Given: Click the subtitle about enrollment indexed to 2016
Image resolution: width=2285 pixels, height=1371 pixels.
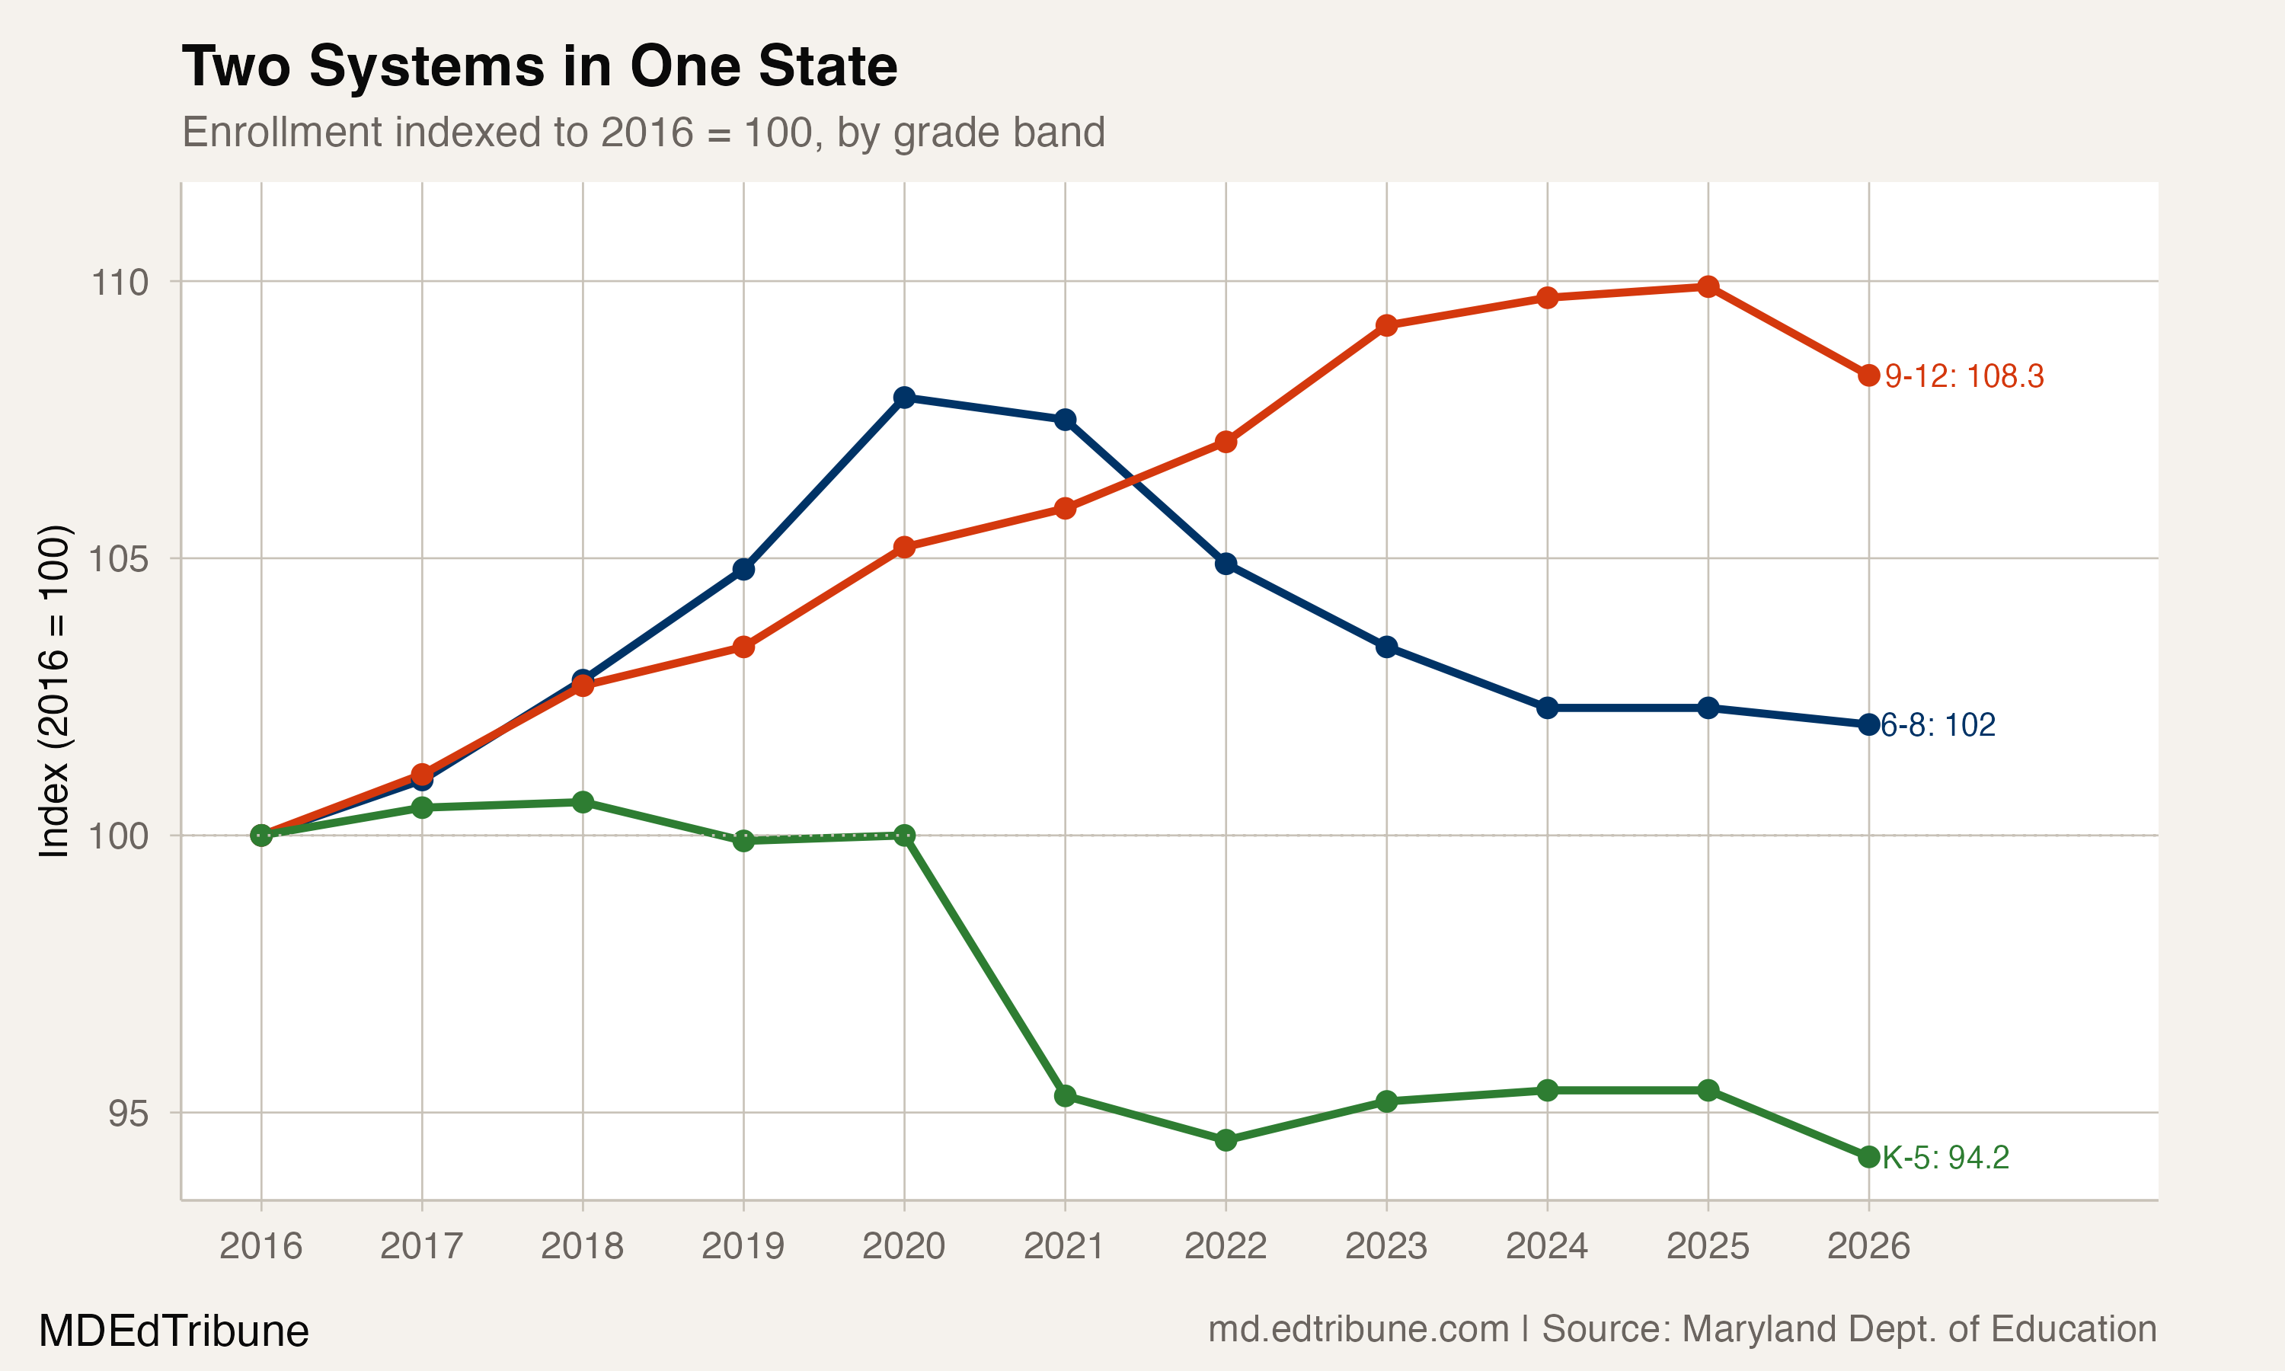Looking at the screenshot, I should coord(643,132).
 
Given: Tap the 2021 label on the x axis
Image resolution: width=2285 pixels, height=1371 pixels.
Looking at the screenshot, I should coord(1064,1246).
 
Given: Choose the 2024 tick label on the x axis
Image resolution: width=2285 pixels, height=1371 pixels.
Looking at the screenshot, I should coord(1546,1246).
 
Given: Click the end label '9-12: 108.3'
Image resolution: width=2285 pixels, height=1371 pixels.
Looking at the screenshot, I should coord(1964,376).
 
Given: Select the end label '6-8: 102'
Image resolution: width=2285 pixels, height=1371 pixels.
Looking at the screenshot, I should coord(1938,725).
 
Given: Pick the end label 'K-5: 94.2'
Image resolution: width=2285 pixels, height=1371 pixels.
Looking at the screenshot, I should coord(1945,1158).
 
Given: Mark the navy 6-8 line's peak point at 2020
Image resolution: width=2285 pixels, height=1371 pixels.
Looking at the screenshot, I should coord(904,398).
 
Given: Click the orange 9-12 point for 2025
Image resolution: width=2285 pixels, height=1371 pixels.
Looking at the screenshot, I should coord(1708,286).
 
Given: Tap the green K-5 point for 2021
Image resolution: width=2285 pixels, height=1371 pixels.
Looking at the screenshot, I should coord(1065,1096).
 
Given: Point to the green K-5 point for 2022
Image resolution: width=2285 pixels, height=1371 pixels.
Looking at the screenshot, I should coord(1226,1140).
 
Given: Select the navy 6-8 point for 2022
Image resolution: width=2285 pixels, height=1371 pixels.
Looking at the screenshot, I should coord(1226,564).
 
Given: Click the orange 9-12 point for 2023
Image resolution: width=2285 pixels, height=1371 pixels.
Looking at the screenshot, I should coord(1386,325).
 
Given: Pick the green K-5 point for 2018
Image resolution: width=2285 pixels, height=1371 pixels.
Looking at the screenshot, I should coord(583,802).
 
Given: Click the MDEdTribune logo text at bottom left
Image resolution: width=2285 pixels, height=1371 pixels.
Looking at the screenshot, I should coord(174,1331).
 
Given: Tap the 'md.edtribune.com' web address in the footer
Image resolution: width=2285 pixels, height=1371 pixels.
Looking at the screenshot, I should coord(1358,1329).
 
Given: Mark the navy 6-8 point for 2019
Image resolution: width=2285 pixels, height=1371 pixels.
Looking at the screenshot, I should coord(743,569).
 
